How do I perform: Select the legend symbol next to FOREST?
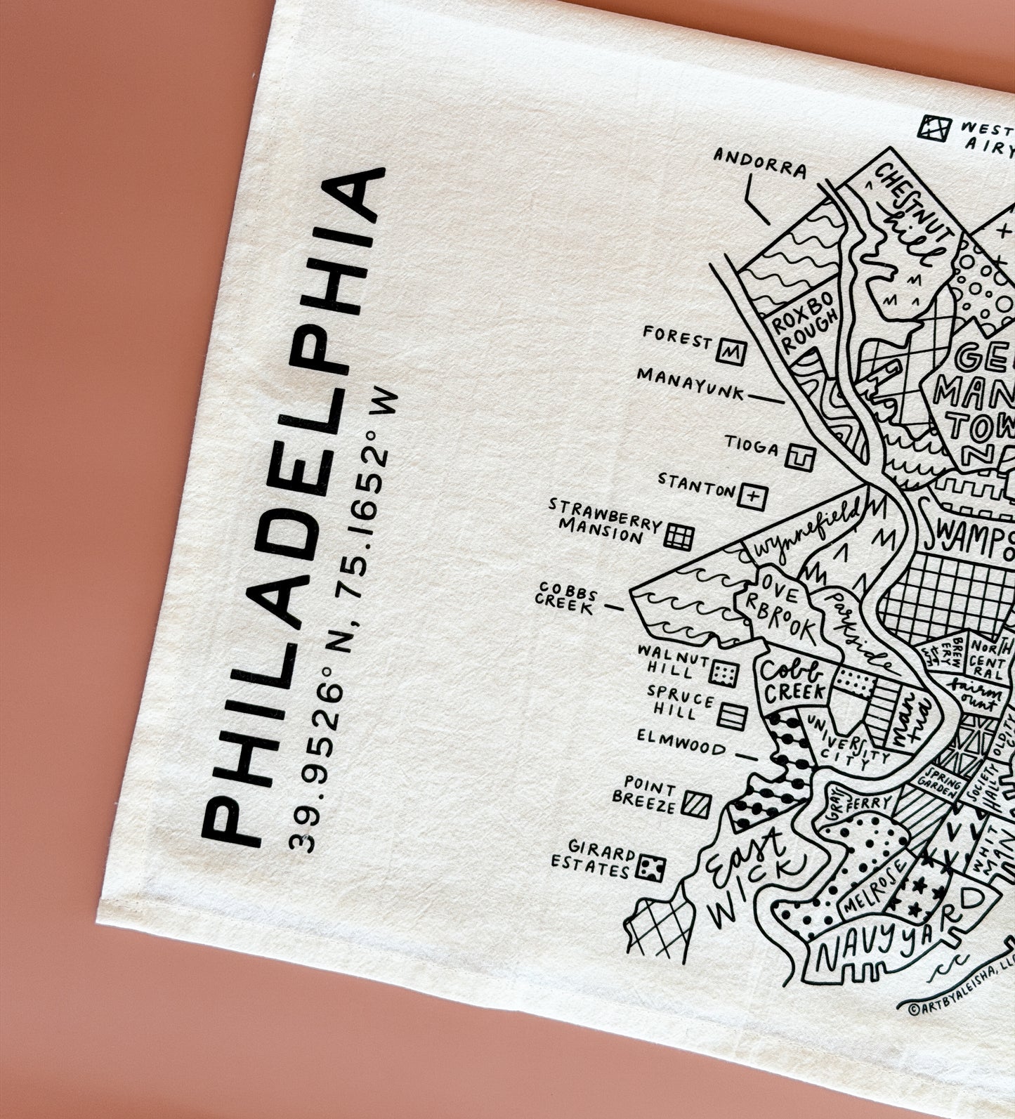click(731, 350)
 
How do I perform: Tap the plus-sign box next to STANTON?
click(752, 495)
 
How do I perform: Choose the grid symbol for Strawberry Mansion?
click(679, 537)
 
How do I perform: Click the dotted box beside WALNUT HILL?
click(723, 674)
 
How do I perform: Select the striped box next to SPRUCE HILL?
click(731, 715)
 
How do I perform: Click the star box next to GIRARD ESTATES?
click(650, 868)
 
